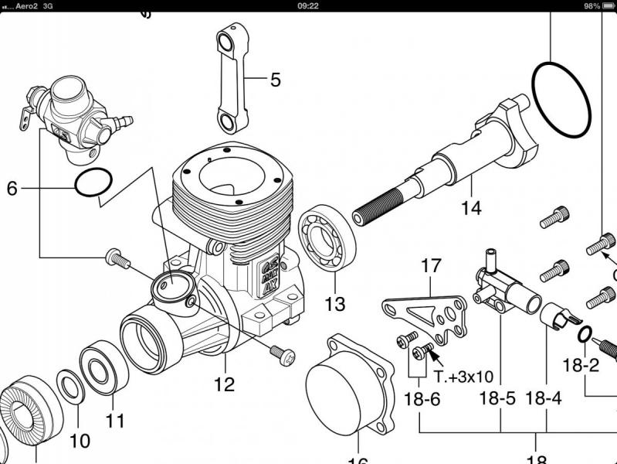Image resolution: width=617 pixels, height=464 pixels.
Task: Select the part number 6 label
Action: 12,188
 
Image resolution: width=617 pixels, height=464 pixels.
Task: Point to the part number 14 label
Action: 471,208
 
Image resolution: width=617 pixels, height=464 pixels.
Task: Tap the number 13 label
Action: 334,304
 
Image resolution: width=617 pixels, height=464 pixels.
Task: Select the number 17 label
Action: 431,266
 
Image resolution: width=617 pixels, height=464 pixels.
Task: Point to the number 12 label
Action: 224,384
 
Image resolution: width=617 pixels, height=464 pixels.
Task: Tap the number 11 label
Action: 115,421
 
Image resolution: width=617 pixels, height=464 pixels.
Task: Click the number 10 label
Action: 80,442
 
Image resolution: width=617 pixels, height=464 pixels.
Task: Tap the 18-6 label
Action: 422,399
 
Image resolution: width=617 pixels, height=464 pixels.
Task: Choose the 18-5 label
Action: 497,399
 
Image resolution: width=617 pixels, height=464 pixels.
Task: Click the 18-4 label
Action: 544,399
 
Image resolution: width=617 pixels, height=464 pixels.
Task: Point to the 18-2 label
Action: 581,365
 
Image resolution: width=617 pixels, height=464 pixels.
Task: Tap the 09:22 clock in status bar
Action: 308,5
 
